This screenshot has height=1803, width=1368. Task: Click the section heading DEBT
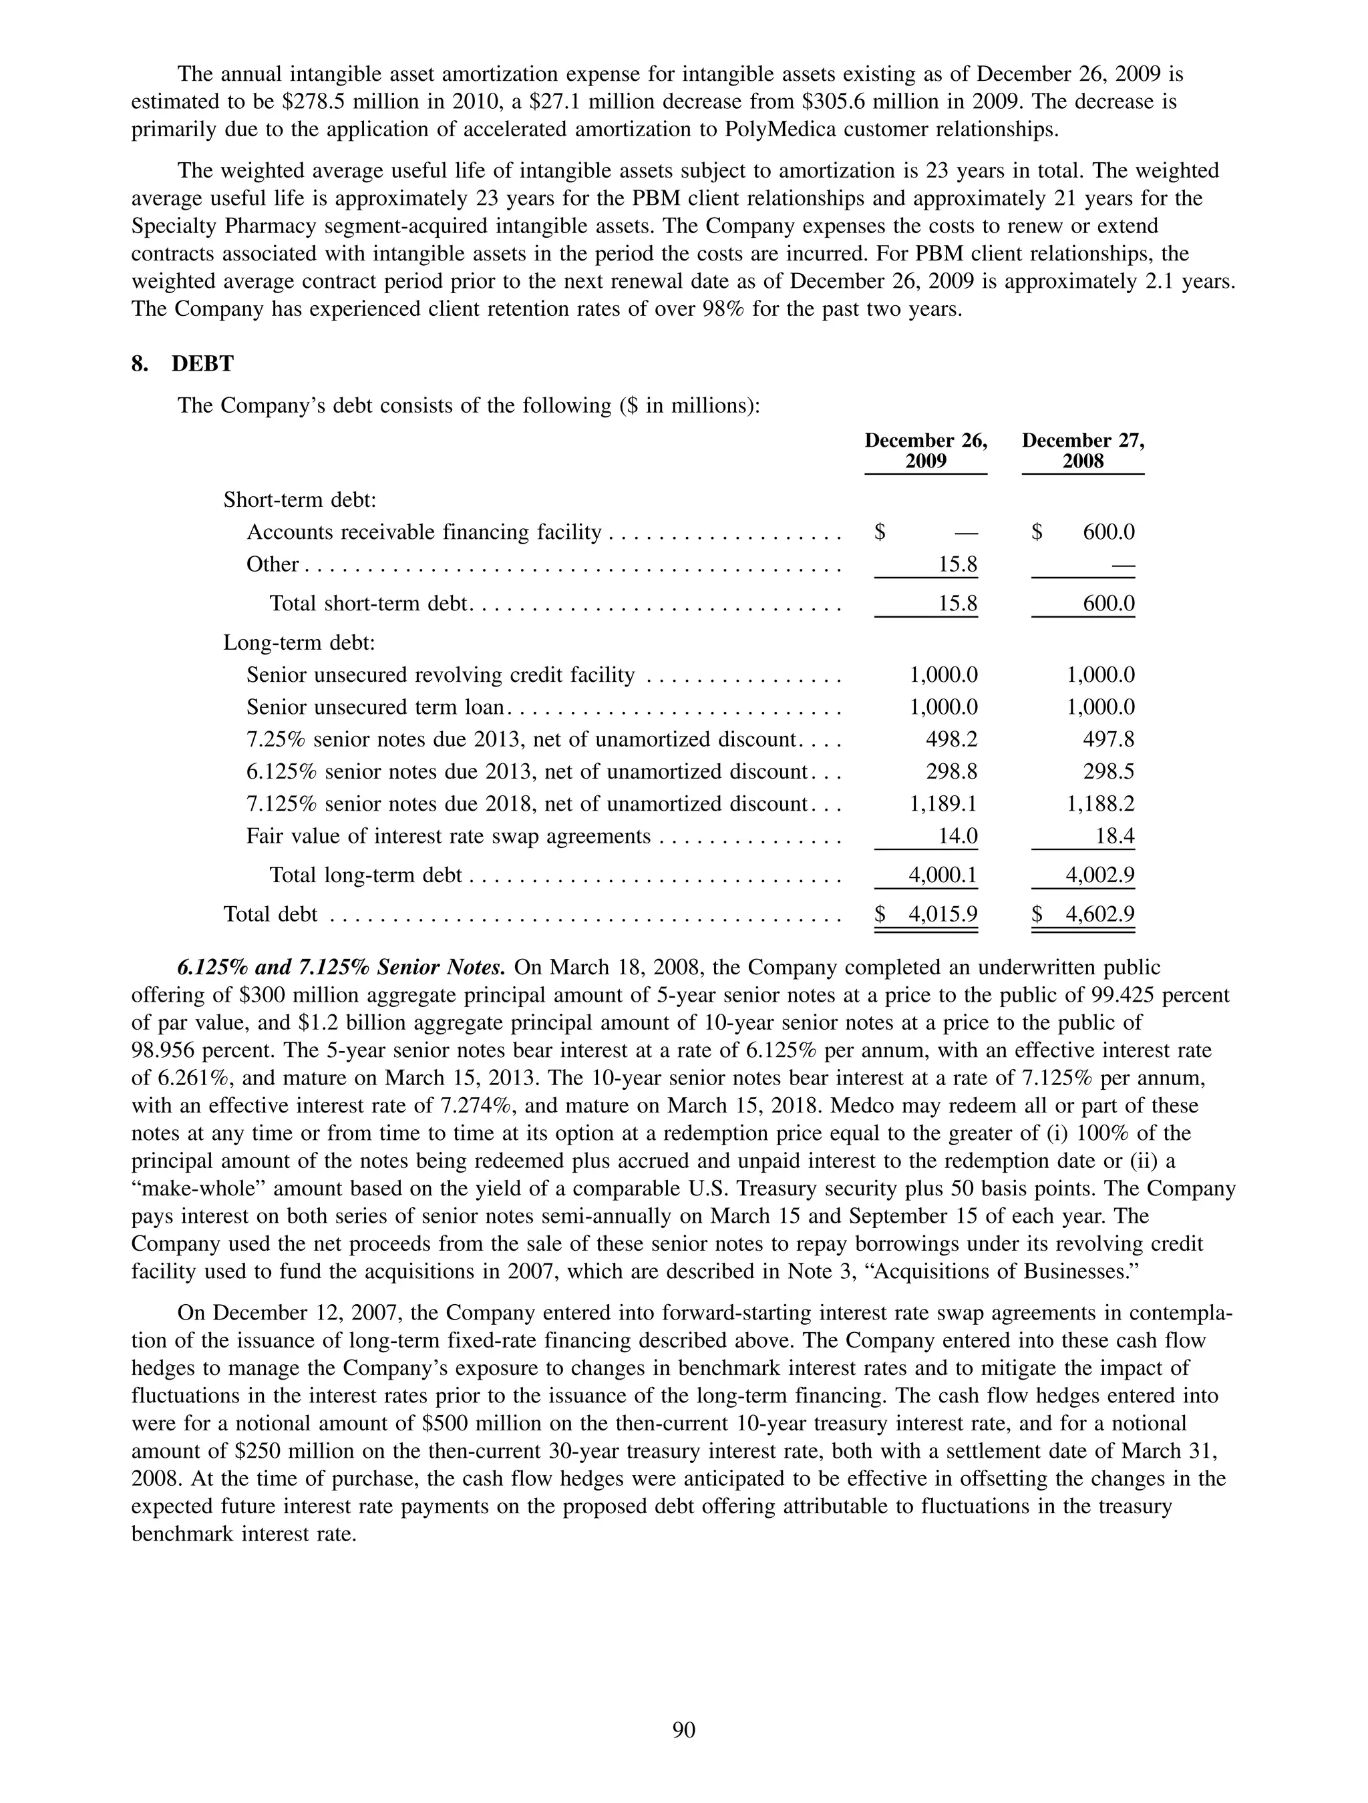[x=202, y=365]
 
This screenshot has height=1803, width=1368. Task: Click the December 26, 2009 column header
[x=925, y=451]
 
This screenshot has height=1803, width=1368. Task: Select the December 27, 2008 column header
[x=1083, y=451]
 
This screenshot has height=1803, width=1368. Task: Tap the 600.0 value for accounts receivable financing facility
[x=1108, y=532]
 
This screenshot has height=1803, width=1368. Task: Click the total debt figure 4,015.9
[x=943, y=915]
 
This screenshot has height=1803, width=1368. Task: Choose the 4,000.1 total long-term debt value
[x=943, y=875]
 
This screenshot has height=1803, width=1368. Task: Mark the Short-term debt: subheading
[x=299, y=499]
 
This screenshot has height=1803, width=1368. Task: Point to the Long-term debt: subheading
[x=299, y=643]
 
